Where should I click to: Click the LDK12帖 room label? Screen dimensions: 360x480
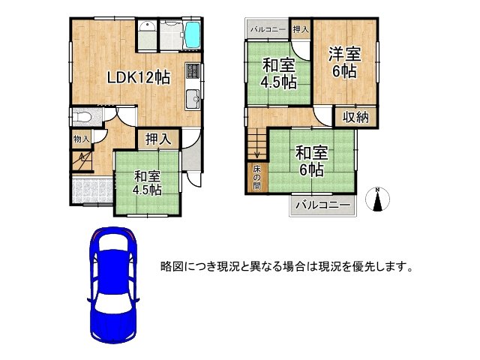point(137,77)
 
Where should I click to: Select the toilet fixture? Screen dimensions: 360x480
point(81,118)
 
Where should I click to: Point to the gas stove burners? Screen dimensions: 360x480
point(192,72)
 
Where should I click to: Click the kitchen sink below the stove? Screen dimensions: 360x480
point(192,96)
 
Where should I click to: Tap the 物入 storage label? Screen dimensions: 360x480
point(82,139)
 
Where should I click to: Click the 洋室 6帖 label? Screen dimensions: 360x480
point(344,61)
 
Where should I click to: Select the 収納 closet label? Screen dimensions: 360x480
point(356,116)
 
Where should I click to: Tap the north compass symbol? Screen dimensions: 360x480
point(379,200)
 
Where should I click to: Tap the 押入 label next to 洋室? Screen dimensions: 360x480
point(300,29)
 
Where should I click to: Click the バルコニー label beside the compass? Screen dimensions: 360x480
point(322,205)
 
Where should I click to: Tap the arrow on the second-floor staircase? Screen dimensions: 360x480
point(256,154)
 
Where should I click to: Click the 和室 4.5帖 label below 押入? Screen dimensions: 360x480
point(148,183)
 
